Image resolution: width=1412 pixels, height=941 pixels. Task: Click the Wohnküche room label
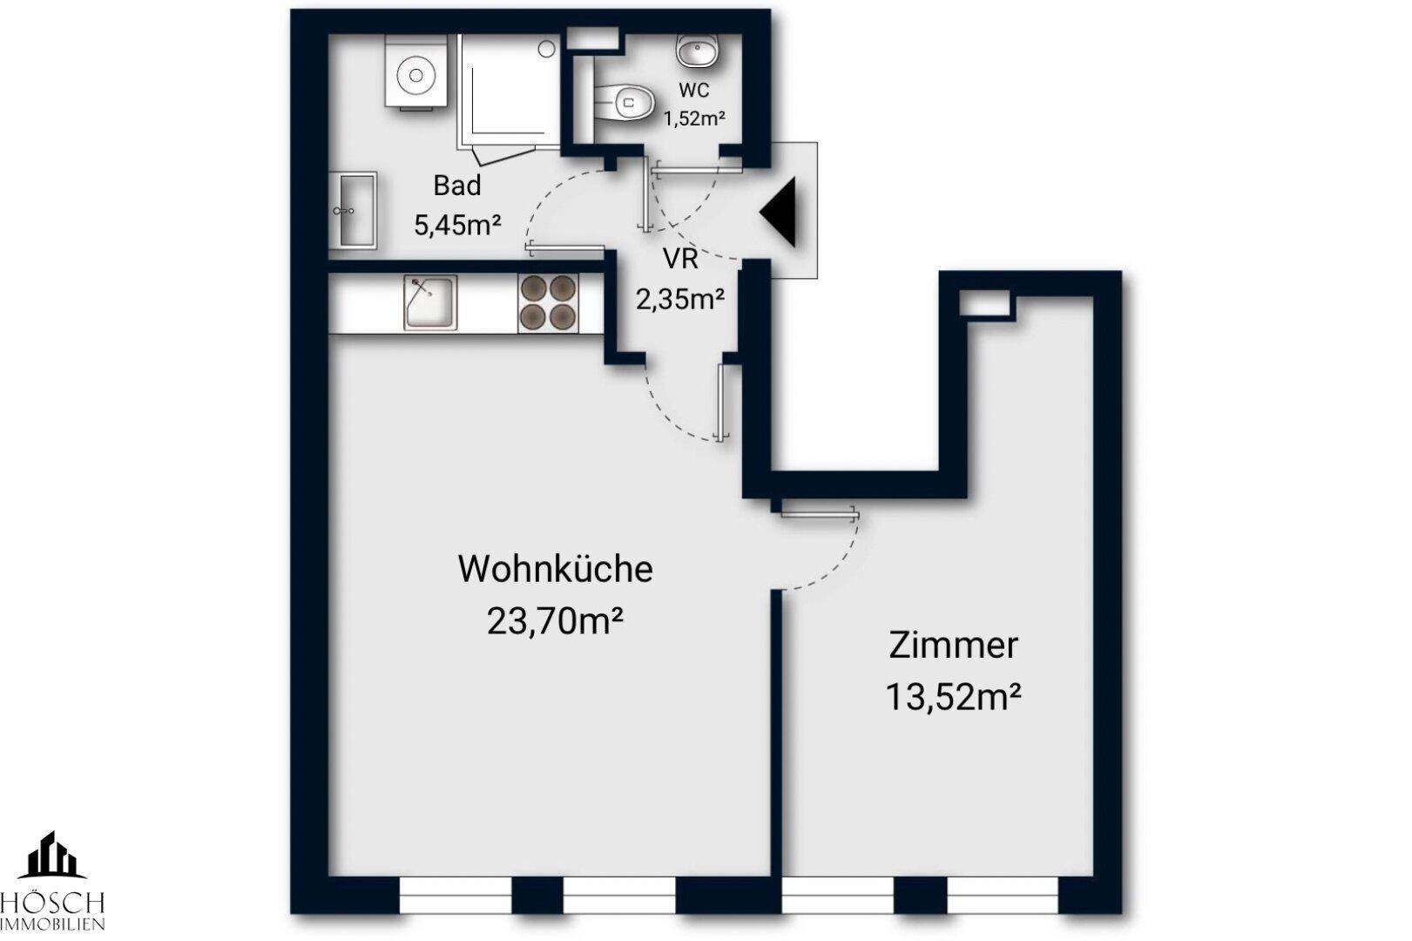555,569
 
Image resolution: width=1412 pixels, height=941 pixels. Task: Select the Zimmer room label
953,646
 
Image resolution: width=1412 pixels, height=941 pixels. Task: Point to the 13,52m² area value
953,697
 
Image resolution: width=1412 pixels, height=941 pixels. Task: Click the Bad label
456,186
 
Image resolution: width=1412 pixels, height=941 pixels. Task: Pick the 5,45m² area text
456,226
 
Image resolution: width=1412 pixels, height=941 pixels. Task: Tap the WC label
693,91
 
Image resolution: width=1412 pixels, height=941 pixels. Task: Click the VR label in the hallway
679,260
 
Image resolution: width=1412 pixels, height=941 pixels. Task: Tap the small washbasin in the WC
698,51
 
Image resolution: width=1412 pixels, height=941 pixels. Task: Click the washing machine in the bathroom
415,75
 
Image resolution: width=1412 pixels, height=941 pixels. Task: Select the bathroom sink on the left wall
353,209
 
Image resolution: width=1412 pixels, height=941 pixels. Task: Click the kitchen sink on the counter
429,302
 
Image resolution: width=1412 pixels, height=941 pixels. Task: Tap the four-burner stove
548,302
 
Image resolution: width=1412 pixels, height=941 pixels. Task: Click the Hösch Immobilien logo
52,880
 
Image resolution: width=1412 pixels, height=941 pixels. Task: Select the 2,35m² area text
679,301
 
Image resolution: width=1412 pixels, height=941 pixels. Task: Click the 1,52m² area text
694,119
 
